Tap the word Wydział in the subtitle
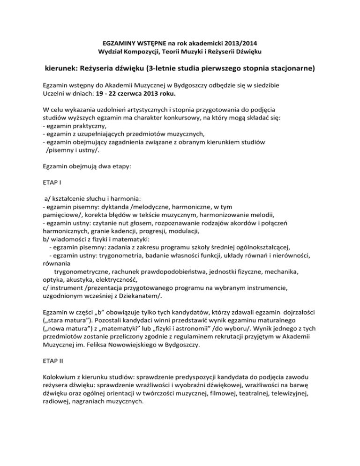pyautogui.click(x=110, y=50)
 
